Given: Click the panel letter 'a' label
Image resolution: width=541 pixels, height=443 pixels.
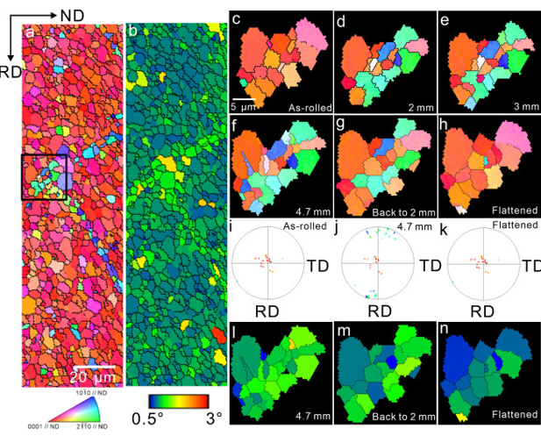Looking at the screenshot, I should (31, 33).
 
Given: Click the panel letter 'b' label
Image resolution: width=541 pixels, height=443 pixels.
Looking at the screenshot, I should (132, 33).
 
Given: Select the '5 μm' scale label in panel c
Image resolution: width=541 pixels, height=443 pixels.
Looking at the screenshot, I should (243, 106).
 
